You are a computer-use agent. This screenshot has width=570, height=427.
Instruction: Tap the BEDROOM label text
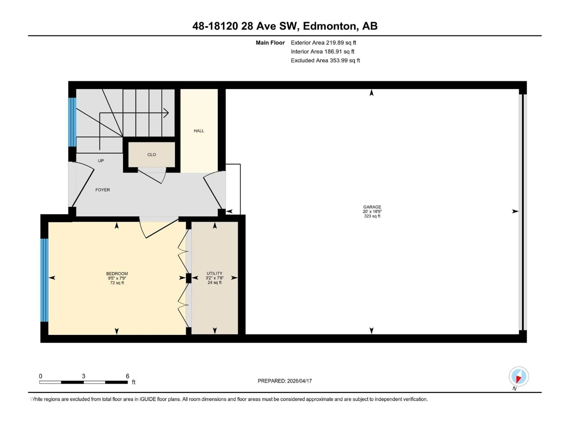pyautogui.click(x=117, y=274)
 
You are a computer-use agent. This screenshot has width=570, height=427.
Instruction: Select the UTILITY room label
pyautogui.click(x=214, y=273)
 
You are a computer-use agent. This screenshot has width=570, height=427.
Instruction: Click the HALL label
pyautogui.click(x=199, y=131)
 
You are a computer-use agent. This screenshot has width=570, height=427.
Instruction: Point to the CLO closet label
pyautogui.click(x=152, y=155)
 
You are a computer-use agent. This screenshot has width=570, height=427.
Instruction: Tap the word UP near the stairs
pyautogui.click(x=101, y=161)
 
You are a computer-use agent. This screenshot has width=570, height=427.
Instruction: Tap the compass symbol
pyautogui.click(x=519, y=377)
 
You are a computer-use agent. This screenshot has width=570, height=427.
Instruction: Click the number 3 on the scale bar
pyautogui.click(x=83, y=376)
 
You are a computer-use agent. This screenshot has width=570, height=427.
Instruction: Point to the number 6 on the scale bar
pyautogui.click(x=127, y=376)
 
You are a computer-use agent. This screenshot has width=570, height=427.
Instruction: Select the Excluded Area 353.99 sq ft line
pyautogui.click(x=325, y=60)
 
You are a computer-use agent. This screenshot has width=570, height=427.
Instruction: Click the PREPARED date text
pyautogui.click(x=285, y=381)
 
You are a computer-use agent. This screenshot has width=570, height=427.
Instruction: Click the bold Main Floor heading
pyautogui.click(x=270, y=43)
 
